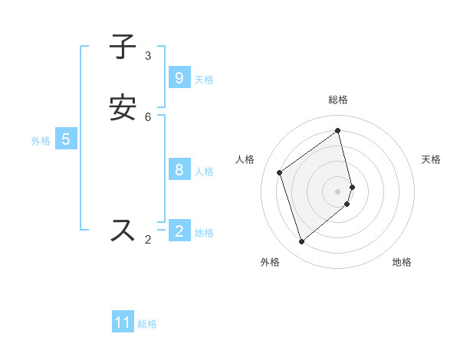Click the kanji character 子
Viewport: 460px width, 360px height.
click(123, 47)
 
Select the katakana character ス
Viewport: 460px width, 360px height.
click(123, 231)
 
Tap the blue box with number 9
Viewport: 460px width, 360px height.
click(179, 77)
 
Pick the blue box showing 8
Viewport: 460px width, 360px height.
click(179, 169)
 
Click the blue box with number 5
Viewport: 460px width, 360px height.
click(66, 139)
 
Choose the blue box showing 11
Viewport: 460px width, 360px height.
click(123, 322)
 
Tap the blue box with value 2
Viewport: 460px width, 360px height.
click(179, 231)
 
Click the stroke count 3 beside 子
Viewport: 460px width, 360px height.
click(148, 55)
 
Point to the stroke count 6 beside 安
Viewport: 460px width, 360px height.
click(148, 116)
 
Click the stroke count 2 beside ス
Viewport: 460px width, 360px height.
click(148, 240)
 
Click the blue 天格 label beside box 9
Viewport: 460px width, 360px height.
click(204, 79)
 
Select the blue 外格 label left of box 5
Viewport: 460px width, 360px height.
click(41, 141)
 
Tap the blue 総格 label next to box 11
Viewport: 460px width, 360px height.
click(147, 324)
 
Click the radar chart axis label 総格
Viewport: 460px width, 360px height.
click(338, 100)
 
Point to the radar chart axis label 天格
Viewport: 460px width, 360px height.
click(431, 159)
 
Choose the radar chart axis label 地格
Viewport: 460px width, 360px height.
click(402, 262)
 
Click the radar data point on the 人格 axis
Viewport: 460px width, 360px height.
click(280, 172)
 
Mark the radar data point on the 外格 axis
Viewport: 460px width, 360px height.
click(301, 242)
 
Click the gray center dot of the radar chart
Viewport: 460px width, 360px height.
click(338, 191)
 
